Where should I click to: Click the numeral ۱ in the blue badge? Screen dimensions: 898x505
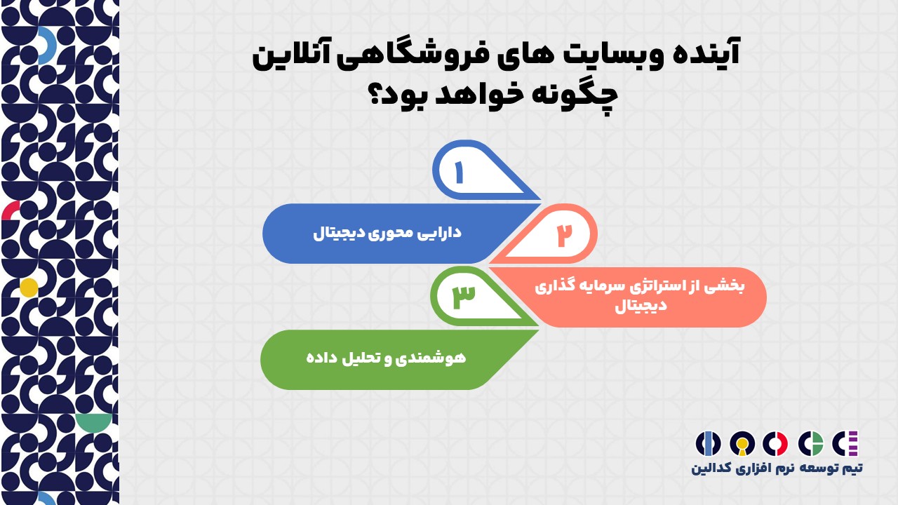pos(460,173)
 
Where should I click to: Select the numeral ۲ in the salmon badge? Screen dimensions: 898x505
pos(565,235)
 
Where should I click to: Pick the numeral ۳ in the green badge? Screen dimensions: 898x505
pos(464,297)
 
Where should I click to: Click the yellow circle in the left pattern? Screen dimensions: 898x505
pos(29,288)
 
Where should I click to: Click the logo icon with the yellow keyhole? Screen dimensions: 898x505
pos(742,444)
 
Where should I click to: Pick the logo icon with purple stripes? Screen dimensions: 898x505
pos(845,444)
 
